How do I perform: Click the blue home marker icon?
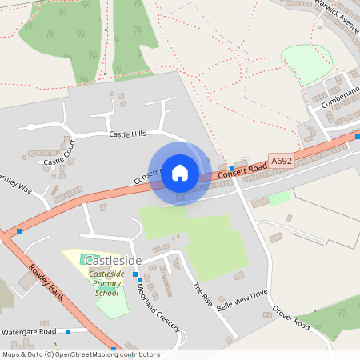pos(179,172)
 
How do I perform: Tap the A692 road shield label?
pos(282,161)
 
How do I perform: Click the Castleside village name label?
pos(113,261)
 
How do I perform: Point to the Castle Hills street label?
pos(128,134)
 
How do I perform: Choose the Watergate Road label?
pos(29,331)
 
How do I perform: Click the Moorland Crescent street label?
pos(158,305)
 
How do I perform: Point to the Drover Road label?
pos(290,316)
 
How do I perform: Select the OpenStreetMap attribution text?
pos(81,354)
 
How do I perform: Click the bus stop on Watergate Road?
pos(68,331)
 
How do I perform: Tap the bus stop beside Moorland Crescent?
pos(136,274)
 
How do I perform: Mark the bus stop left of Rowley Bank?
pos(19,230)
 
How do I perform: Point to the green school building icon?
pos(86,260)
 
